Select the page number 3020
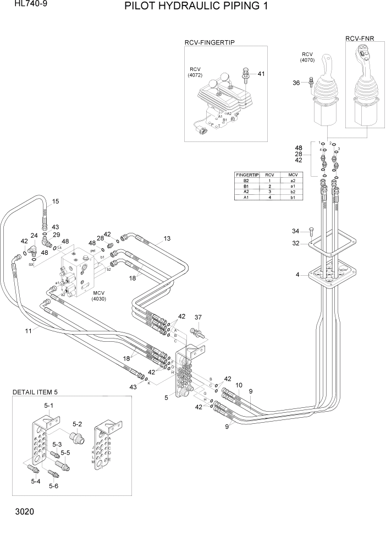coord(21,512)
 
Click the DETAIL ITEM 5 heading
coord(35,392)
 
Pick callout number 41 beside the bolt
coord(261,74)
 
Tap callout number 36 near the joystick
coord(296,83)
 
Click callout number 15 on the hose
coord(56,201)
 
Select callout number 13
coord(167,238)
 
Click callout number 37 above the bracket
coord(198,317)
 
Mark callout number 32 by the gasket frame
coord(295,243)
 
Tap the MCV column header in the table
coord(293,174)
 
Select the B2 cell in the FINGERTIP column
coord(246,181)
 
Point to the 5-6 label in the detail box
coord(53,486)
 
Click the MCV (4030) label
coord(99,295)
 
